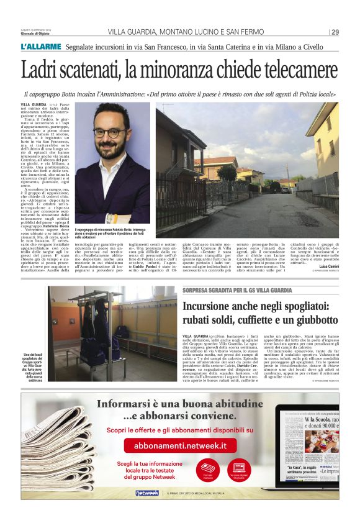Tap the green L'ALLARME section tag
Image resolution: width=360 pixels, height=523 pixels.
[x=42, y=47]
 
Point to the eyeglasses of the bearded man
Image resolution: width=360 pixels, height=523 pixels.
[x=110, y=132]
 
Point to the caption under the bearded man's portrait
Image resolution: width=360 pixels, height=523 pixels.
[x=110, y=233]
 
